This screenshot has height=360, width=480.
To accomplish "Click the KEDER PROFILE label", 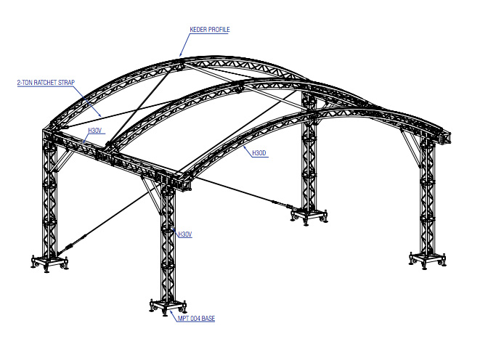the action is point(210,30).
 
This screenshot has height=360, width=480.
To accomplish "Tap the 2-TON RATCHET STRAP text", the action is point(46,83).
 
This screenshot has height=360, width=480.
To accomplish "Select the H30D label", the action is point(259,153).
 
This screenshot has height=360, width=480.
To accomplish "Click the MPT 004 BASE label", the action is point(196,319).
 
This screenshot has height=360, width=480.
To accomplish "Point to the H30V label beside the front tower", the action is point(185,234).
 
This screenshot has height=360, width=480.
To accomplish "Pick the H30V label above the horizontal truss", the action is point(95,131).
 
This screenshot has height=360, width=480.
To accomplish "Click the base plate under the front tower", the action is point(168,307).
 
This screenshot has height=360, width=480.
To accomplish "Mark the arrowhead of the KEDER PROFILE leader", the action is point(181,54).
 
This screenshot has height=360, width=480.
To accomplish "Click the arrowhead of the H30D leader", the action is point(244,147).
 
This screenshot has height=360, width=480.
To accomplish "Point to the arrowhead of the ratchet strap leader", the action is point(99,115).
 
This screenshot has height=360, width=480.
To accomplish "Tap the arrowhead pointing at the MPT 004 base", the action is point(171,312).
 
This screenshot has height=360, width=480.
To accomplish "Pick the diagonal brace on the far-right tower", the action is point(411,148).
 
